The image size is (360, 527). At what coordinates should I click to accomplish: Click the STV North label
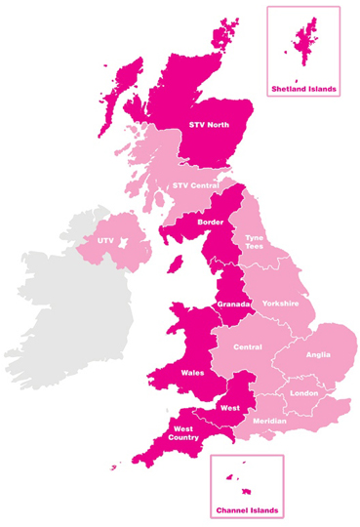(210, 125)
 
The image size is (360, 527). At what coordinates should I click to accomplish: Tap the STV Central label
(196, 185)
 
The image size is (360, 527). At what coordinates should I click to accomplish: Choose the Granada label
(234, 304)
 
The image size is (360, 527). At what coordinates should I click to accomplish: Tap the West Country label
(184, 433)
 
